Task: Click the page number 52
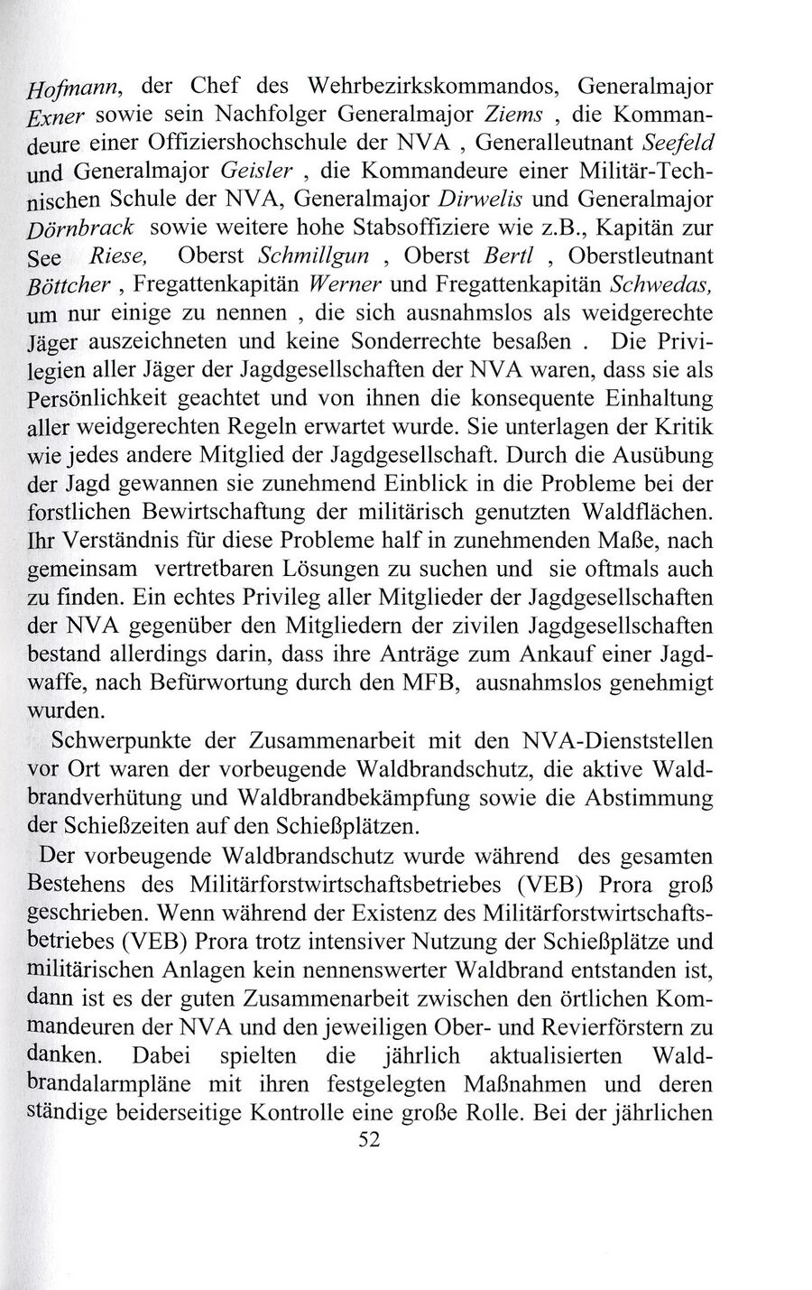pos(371,1139)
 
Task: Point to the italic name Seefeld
pos(681,142)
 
